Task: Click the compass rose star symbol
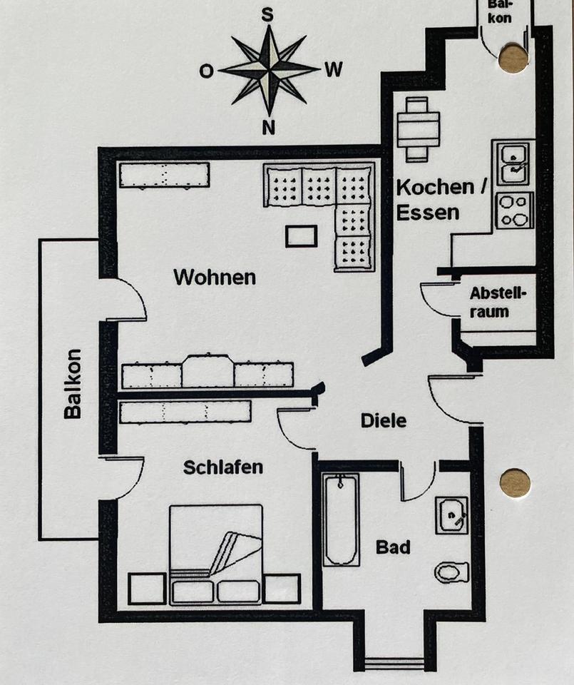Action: [x=269, y=69]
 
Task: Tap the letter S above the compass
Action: [x=268, y=14]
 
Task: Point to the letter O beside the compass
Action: [x=206, y=71]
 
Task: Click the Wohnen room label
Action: [x=214, y=277]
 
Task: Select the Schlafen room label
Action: [x=222, y=467]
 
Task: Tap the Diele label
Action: [x=383, y=420]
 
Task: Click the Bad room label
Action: [x=393, y=547]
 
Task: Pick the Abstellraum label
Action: [x=498, y=303]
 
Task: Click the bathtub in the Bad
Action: [x=340, y=519]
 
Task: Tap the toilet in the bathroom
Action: [x=451, y=572]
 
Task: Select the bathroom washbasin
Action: [x=451, y=514]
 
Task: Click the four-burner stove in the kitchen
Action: [x=514, y=210]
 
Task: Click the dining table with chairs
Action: [x=418, y=128]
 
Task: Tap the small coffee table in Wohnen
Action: [x=301, y=235]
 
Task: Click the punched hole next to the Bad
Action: [x=515, y=483]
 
